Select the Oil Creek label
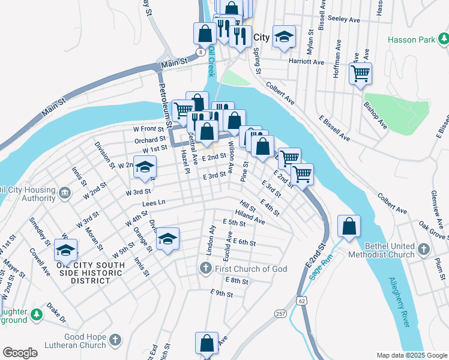tap(211, 62)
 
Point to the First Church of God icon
tap(206, 269)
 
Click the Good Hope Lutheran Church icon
tap(116, 341)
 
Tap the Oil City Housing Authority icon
tap(65, 193)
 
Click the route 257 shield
tap(280, 313)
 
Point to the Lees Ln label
tap(154, 203)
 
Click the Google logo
tap(20, 353)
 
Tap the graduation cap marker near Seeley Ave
tap(284, 37)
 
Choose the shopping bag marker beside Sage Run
tap(349, 227)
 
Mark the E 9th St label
tap(221, 293)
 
